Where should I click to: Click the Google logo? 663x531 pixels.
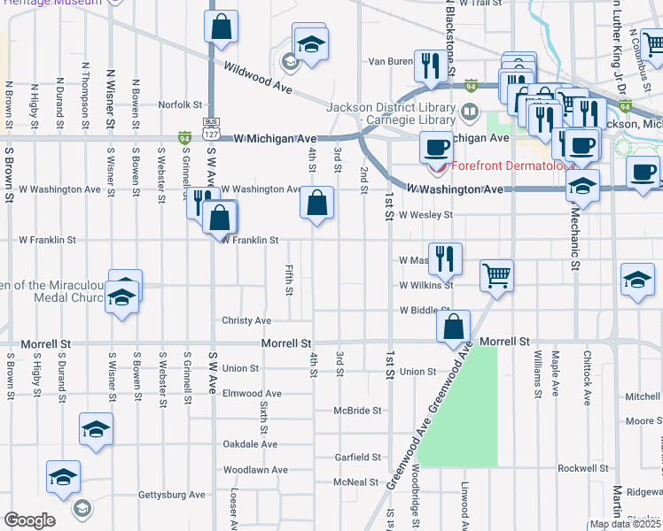click(x=29, y=520)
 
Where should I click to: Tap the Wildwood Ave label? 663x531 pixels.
click(x=258, y=78)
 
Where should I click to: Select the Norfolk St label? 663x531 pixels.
click(x=181, y=104)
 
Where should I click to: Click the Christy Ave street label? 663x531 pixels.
click(x=246, y=320)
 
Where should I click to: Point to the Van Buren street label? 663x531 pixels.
click(x=391, y=62)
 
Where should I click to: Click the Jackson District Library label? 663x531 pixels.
click(x=391, y=108)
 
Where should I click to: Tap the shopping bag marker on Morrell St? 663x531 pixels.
click(x=453, y=325)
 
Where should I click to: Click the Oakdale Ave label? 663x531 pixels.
click(x=250, y=444)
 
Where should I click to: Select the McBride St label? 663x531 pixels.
click(x=357, y=411)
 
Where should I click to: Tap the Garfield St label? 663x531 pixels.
click(x=357, y=458)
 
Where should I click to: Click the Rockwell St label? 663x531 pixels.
click(x=583, y=468)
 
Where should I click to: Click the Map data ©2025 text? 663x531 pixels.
click(x=625, y=524)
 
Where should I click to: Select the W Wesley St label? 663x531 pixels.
click(x=425, y=214)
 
